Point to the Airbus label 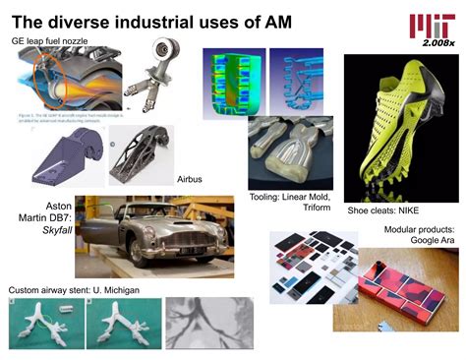click(190, 180)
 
